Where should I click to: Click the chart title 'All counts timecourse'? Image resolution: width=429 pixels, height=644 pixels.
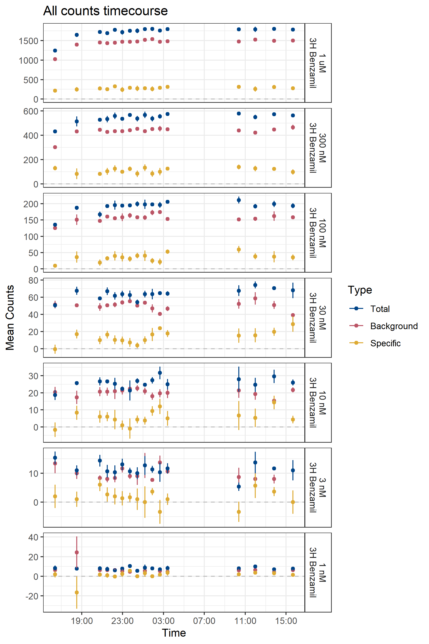[x=105, y=11]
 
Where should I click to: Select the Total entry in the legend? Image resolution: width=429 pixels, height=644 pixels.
[x=380, y=309]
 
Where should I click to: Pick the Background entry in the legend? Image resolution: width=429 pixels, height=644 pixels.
[x=394, y=326]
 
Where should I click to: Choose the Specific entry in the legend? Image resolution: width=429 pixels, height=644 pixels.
[x=385, y=343]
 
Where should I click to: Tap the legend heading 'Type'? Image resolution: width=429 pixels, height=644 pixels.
[x=360, y=290]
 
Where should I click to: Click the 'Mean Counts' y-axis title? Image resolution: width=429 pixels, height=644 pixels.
[x=10, y=318]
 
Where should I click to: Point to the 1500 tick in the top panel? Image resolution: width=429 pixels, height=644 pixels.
[x=28, y=41]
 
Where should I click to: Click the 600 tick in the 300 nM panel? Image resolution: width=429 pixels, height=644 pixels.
[x=31, y=111]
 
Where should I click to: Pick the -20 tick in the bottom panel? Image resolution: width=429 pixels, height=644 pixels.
[x=32, y=596]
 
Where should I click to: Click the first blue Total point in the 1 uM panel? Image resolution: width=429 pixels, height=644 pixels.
[x=55, y=51]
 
